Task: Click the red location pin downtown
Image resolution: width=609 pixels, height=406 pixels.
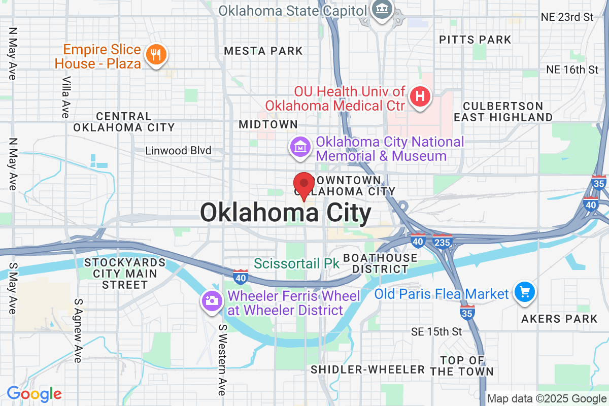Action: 304,184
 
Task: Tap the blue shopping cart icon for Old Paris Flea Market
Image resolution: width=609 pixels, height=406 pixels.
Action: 524,293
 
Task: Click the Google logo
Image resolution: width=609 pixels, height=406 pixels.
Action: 34,393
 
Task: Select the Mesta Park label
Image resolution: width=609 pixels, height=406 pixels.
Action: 263,51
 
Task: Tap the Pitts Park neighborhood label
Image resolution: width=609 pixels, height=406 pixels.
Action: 475,40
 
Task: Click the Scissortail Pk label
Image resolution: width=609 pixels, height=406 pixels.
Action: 296,263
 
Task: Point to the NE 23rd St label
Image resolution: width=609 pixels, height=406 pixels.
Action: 567,17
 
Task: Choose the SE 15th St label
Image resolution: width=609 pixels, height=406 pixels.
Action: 436,332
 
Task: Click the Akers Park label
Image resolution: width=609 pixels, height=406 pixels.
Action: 560,319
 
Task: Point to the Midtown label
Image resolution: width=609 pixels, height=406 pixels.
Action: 268,124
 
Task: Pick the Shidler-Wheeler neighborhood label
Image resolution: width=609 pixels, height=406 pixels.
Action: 368,369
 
